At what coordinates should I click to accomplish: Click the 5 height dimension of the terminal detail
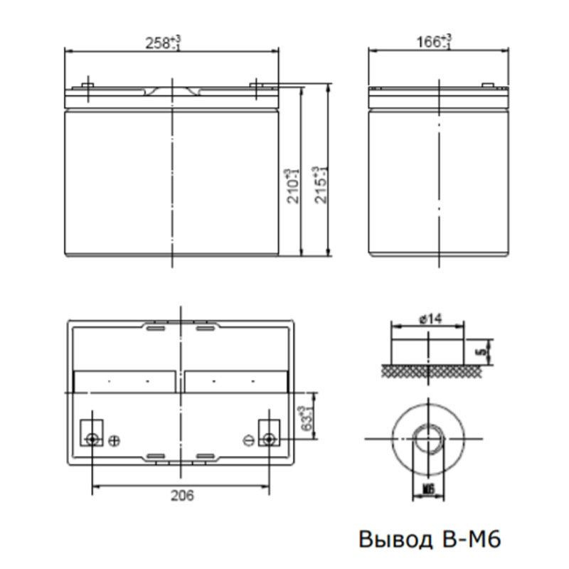482,351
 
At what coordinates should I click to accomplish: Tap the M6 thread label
428,489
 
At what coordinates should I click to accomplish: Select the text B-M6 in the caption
467,539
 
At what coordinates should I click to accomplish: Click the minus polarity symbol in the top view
248,440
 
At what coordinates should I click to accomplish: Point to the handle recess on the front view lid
173,92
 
